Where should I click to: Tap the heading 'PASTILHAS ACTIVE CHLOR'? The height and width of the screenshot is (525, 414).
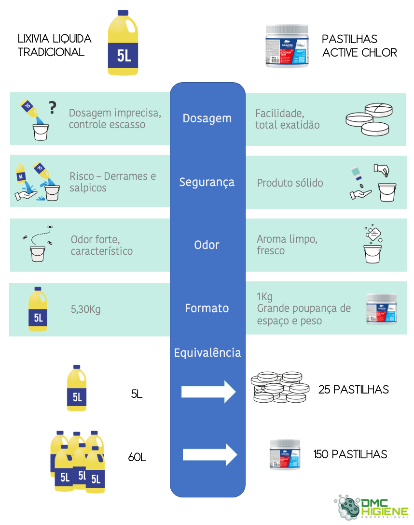359,46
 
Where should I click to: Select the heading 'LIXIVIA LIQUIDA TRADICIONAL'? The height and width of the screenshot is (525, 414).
54,45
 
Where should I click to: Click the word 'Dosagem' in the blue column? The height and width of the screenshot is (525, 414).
207,118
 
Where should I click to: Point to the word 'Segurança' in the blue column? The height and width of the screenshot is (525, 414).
207,182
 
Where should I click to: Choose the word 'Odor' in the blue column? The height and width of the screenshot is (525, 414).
207,245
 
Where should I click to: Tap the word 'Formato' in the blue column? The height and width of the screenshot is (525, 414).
207,308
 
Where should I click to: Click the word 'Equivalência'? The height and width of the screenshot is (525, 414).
207,353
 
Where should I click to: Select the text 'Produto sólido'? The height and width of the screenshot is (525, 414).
290,183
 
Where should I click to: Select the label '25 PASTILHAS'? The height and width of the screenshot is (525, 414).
353,390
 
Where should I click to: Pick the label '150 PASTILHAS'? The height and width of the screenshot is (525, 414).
350,454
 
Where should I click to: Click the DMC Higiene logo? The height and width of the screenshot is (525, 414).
372,507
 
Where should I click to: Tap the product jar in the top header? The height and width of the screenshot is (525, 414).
287,46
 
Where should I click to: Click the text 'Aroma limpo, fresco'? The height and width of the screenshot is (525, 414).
287,245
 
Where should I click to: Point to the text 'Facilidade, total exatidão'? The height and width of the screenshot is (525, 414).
287,119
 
